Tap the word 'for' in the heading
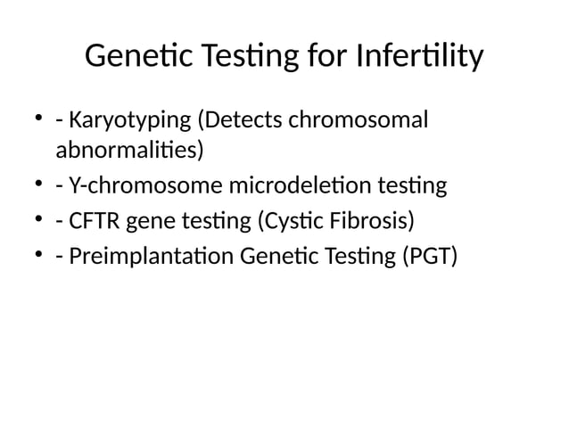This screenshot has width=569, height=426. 324,57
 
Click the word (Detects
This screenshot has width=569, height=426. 237,119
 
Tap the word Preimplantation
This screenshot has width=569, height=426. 150,257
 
